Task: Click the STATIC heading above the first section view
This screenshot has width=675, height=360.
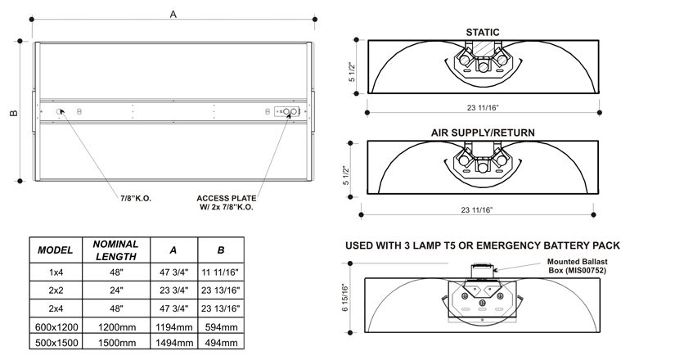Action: [483, 32]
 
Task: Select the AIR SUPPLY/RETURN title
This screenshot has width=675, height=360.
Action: [483, 133]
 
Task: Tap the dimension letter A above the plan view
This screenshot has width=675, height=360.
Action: [173, 14]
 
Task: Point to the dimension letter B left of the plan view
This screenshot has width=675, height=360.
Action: [14, 113]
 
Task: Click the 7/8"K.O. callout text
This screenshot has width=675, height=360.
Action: [136, 199]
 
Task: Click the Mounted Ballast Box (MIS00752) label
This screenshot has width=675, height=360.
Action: [578, 266]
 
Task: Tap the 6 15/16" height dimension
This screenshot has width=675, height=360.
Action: [345, 298]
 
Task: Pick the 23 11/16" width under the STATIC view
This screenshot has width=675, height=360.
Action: [483, 107]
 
